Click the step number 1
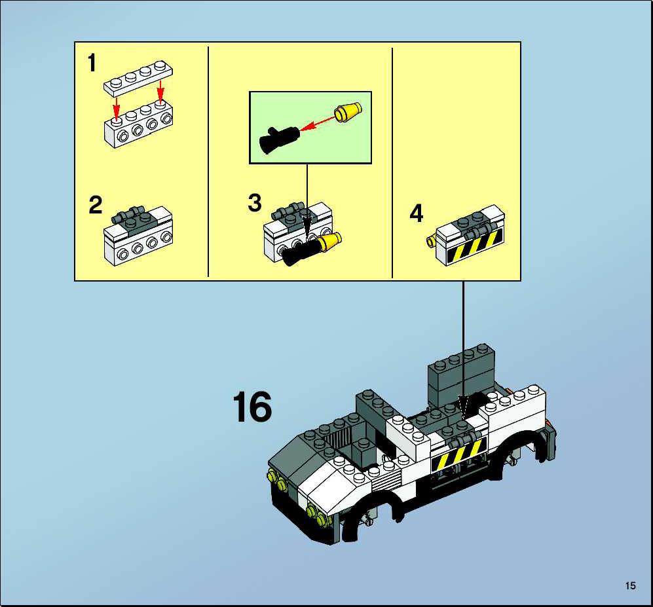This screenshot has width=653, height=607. pyautogui.click(x=92, y=63)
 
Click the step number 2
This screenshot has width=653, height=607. pyautogui.click(x=96, y=205)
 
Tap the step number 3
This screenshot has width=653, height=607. pyautogui.click(x=255, y=203)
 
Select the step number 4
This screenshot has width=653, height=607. pyautogui.click(x=417, y=213)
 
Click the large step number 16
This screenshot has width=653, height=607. pyautogui.click(x=252, y=407)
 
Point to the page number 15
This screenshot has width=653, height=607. pyautogui.click(x=631, y=586)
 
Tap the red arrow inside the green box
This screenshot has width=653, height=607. pyautogui.click(x=318, y=124)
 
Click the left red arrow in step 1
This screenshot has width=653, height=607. pyautogui.click(x=117, y=107)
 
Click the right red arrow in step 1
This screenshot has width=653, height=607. pyautogui.click(x=160, y=92)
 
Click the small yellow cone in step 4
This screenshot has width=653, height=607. pyautogui.click(x=432, y=240)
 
